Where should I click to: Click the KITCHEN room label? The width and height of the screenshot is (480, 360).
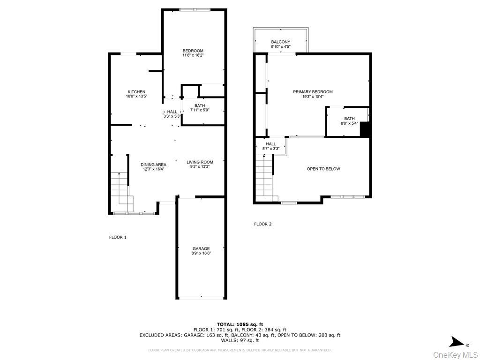pyautogui.click(x=136, y=92)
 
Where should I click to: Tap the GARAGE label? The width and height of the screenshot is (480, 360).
pyautogui.click(x=201, y=249)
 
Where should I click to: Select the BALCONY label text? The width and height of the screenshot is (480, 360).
pyautogui.click(x=280, y=42)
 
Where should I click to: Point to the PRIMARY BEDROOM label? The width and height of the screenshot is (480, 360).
pyautogui.click(x=313, y=92)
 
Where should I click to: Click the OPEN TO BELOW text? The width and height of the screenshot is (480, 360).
pyautogui.click(x=323, y=169)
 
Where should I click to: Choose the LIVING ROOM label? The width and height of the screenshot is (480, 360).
pyautogui.click(x=200, y=162)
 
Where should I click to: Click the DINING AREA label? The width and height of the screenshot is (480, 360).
pyautogui.click(x=154, y=165)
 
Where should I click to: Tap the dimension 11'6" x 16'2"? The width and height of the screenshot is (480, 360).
pyautogui.click(x=193, y=55)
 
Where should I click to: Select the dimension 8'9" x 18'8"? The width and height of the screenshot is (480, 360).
pyautogui.click(x=201, y=254)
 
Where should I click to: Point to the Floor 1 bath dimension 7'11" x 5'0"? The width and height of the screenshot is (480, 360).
pyautogui.click(x=200, y=110)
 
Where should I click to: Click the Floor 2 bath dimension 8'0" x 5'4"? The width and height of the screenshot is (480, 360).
pyautogui.click(x=349, y=123)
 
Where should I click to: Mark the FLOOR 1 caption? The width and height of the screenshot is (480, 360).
pyautogui.click(x=118, y=237)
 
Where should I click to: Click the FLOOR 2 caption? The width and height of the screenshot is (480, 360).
pyautogui.click(x=262, y=224)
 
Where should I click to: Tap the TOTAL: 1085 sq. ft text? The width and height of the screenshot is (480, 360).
pyautogui.click(x=240, y=324)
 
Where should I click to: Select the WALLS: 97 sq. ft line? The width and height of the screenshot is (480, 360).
pyautogui.click(x=240, y=340)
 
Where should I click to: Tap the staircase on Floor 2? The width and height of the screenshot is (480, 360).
pyautogui.click(x=264, y=176)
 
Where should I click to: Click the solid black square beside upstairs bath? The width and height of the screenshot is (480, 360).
pyautogui.click(x=365, y=129)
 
